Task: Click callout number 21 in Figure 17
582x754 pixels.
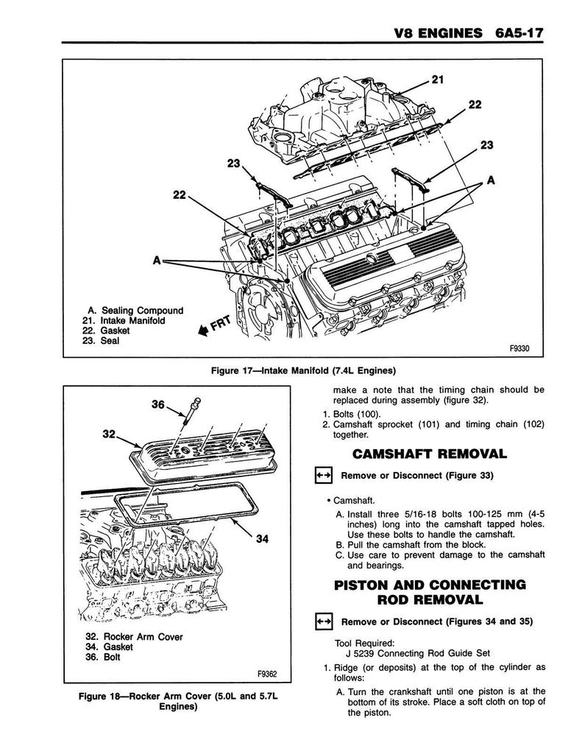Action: pos(438,80)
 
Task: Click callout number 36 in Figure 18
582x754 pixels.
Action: pos(158,404)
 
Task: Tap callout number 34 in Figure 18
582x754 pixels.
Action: pos(260,539)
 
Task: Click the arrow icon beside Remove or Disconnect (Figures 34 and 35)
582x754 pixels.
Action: pos(324,621)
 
